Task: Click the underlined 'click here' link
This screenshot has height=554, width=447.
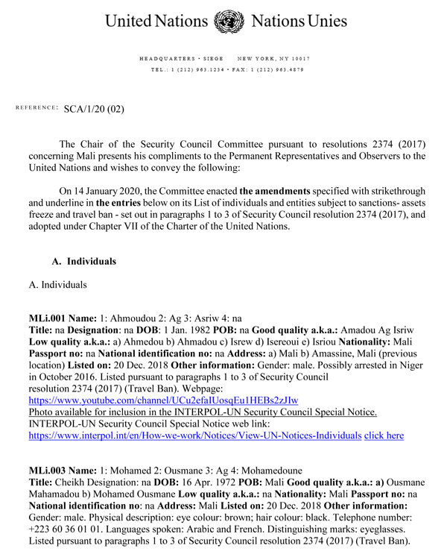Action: pos(384,435)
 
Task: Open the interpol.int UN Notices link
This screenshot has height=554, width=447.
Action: pos(194,435)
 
